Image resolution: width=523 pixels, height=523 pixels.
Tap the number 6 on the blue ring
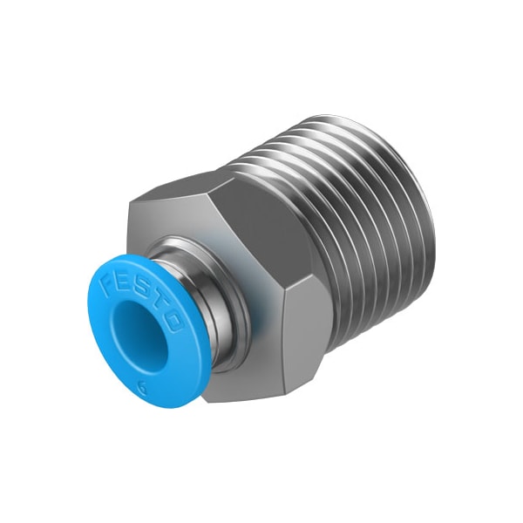pos(143,389)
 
